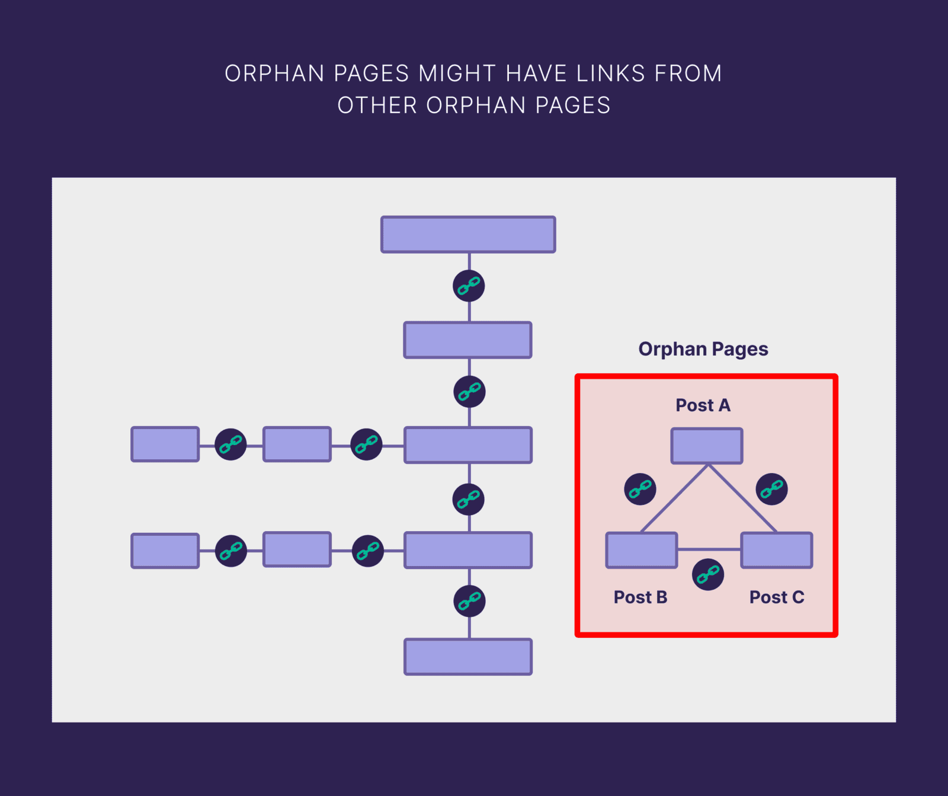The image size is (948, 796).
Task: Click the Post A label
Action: click(x=703, y=405)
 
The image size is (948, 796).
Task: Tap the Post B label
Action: click(x=640, y=597)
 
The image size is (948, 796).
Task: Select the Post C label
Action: click(x=776, y=597)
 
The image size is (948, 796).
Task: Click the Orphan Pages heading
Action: click(x=703, y=349)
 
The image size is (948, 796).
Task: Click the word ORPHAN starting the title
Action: click(x=274, y=73)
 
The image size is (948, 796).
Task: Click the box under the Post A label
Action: click(x=706, y=446)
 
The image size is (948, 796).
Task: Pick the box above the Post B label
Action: click(x=641, y=550)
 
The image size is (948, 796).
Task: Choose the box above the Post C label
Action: click(x=776, y=550)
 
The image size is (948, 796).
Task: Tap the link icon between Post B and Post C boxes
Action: click(x=708, y=574)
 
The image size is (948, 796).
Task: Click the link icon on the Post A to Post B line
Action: click(x=640, y=489)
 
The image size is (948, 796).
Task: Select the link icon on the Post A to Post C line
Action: click(x=771, y=489)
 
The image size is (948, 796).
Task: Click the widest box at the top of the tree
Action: click(x=468, y=235)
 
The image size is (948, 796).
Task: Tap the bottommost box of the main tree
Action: click(x=468, y=657)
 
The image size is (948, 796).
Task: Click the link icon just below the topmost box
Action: click(x=469, y=286)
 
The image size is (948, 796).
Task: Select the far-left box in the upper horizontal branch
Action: click(x=165, y=444)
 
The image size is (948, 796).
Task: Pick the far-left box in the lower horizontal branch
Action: click(x=165, y=551)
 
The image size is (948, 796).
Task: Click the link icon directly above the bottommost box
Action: click(x=469, y=601)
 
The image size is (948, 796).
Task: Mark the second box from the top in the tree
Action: click(x=467, y=340)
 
